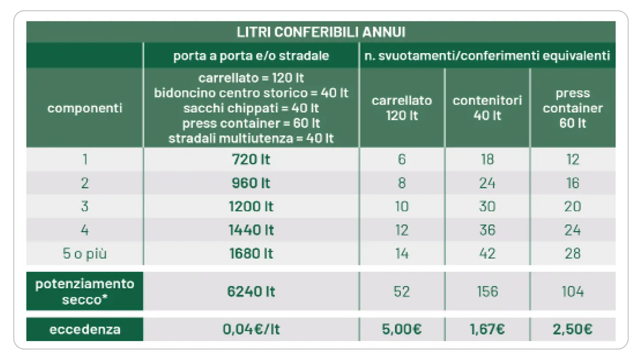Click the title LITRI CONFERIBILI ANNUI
[321, 32]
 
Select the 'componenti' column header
[85, 108]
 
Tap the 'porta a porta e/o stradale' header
[251, 56]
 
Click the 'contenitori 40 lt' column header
[487, 108]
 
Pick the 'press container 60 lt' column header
[572, 108]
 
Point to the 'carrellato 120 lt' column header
[402, 108]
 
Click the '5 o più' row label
[85, 254]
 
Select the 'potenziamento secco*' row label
[85, 291]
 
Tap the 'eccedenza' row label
[85, 329]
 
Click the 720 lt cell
[251, 159]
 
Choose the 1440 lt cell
[251, 230]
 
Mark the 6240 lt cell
[251, 291]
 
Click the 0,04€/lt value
[251, 329]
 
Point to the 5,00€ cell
[402, 329]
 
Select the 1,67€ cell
[487, 329]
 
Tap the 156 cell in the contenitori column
[487, 291]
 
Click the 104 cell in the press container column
[572, 291]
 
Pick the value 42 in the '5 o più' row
[487, 254]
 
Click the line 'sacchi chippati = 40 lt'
[251, 108]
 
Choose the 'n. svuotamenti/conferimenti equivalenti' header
[487, 56]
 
